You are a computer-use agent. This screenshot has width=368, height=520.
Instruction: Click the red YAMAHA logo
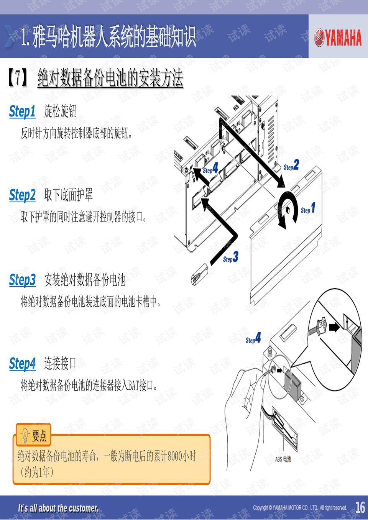coord(338,38)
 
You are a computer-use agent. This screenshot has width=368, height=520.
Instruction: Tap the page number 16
coord(360,507)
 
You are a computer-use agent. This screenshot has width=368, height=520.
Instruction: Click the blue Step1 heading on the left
coord(22,112)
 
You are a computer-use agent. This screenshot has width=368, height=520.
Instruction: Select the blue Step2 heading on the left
coord(22,195)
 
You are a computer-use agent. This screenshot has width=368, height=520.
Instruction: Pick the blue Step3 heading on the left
coord(22,280)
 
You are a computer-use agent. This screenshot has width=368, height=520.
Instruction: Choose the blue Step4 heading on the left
coord(22,363)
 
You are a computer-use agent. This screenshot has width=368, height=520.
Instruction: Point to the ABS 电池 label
coord(283,459)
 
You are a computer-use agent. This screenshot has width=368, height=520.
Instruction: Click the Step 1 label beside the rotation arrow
coord(308,208)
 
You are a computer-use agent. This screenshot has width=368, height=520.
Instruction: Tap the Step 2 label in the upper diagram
coord(291,165)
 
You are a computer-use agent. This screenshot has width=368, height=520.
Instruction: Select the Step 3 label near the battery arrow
coord(230,257)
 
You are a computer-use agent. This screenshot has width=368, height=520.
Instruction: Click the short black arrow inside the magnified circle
coord(334,328)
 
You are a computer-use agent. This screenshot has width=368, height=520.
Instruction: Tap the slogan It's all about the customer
coord(58,508)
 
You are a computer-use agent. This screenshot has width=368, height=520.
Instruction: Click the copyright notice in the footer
coord(300,508)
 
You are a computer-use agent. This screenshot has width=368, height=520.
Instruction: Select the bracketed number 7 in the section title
coord(18,78)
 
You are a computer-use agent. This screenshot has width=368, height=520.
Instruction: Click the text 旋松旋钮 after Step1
coord(60,112)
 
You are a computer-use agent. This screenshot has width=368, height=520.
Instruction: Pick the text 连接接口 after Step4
coord(60,363)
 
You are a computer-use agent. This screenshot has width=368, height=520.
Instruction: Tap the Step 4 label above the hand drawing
coord(253,338)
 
